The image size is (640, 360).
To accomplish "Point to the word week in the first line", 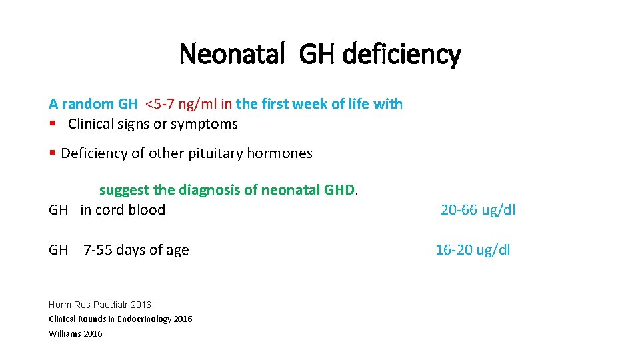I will [x=311, y=104].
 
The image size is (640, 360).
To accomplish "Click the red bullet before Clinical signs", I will [x=51, y=124].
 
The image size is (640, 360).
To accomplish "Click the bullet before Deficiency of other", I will [x=52, y=153].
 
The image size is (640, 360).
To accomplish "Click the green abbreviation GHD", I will [x=342, y=190].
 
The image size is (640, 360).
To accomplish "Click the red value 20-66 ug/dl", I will [x=478, y=210].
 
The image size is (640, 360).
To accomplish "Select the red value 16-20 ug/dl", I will [x=473, y=250].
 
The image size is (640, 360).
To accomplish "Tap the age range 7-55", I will [x=98, y=250].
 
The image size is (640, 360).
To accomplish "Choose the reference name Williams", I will [x=65, y=333].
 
